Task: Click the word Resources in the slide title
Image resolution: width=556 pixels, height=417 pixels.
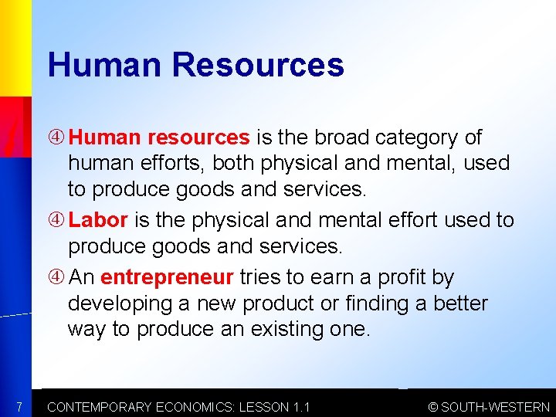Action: [x=259, y=65]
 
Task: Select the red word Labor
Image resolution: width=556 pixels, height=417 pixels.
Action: [x=98, y=220]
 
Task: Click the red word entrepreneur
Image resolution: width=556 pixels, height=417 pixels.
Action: [x=167, y=276]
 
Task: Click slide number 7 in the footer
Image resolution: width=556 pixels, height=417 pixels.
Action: [x=19, y=407]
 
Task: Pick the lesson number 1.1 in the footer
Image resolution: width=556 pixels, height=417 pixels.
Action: [x=300, y=407]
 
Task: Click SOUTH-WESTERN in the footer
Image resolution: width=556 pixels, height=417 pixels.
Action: [x=495, y=407]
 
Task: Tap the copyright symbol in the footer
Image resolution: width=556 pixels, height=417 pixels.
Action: [x=432, y=407]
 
